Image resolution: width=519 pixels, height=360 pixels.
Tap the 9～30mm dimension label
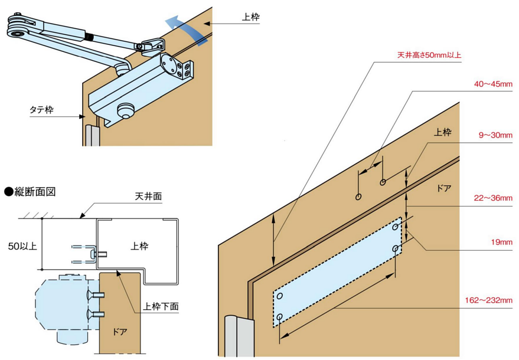[x=495, y=135]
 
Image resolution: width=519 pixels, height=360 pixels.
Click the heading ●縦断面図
[x=30, y=191]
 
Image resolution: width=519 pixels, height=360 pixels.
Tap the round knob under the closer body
[x=125, y=111]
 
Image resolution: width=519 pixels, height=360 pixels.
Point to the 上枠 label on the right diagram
[x=442, y=133]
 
